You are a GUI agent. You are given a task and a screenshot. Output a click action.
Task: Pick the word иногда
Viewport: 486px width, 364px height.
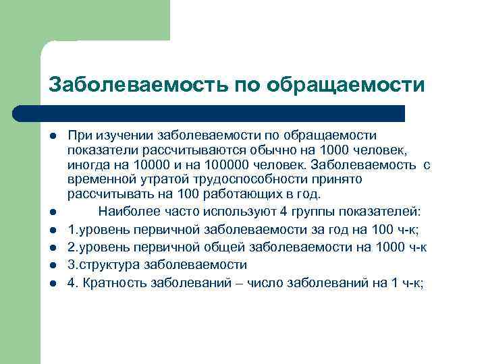[87, 164]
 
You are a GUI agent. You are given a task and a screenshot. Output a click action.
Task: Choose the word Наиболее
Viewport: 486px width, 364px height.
[124, 208]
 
